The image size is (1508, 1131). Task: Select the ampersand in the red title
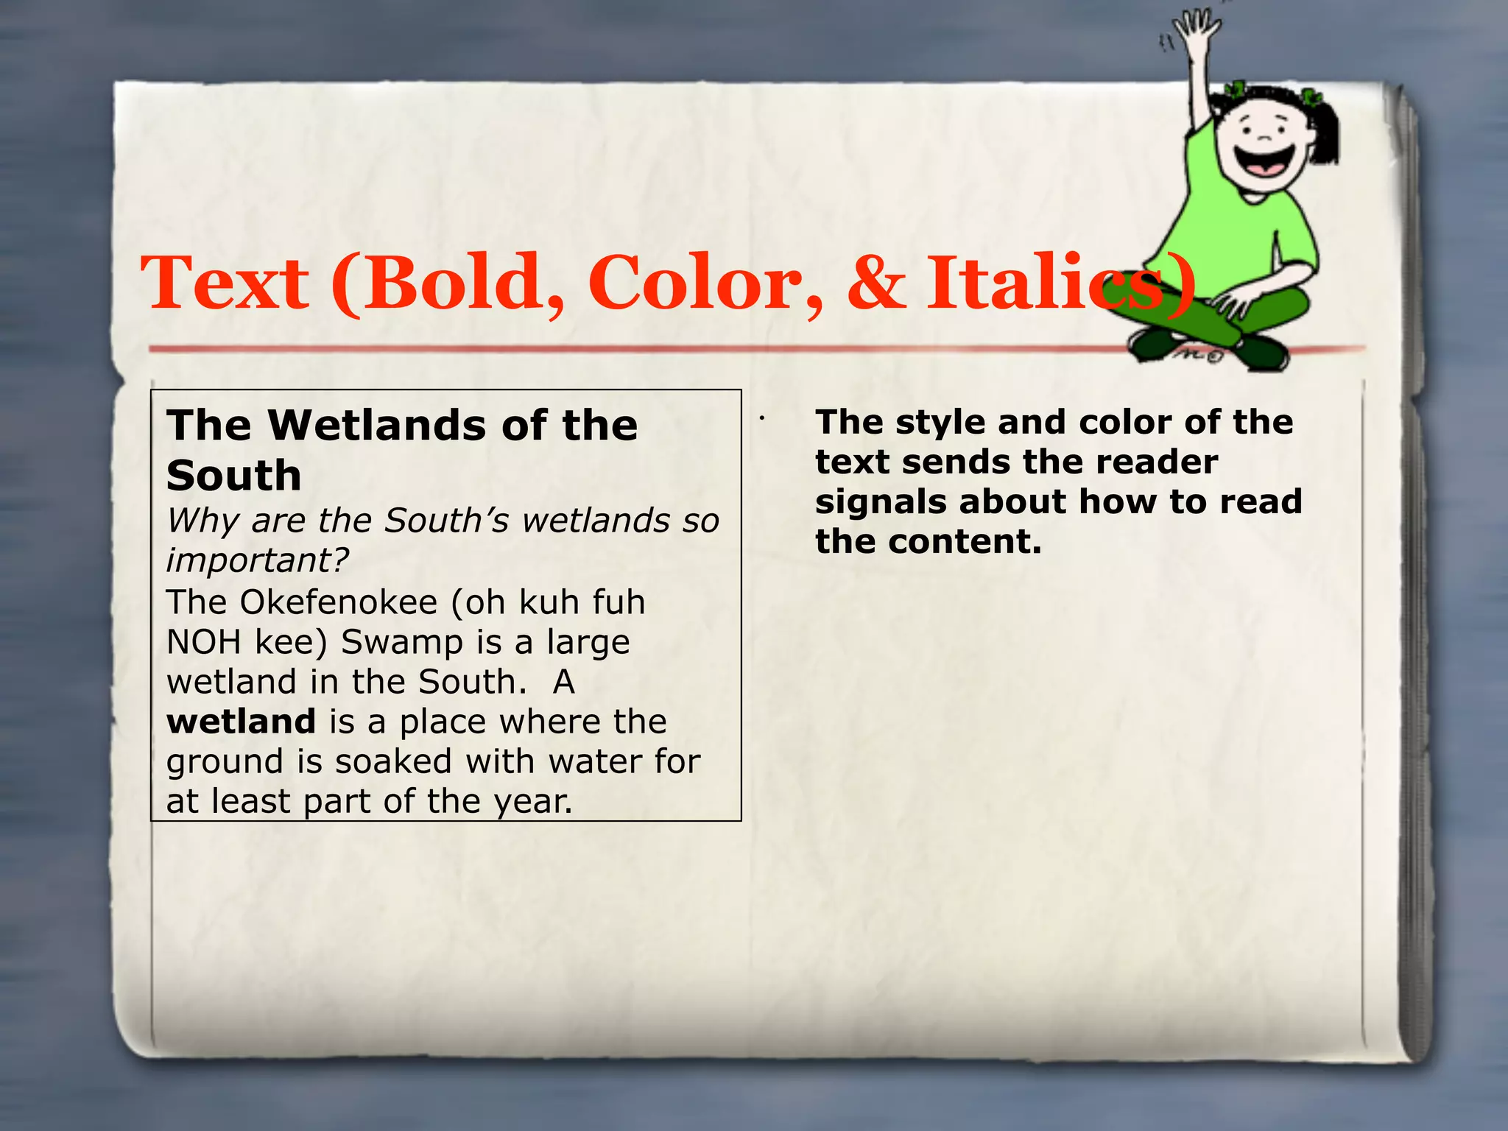(876, 283)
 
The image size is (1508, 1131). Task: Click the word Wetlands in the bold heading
(376, 425)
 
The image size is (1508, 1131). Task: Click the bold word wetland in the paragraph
(241, 722)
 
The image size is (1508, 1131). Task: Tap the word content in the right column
(965, 542)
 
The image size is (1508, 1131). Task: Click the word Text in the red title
(225, 283)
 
